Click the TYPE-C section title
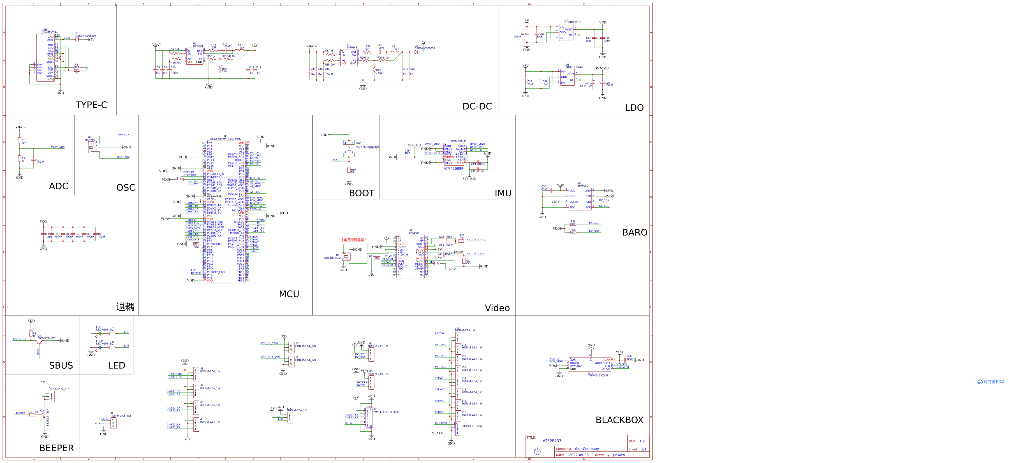tap(91, 105)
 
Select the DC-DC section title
tap(477, 106)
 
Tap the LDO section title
tap(634, 108)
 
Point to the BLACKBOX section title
tap(619, 420)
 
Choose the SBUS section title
tap(61, 365)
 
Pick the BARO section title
tap(635, 232)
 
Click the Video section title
tap(497, 308)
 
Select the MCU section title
tap(289, 294)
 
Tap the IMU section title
tap(503, 193)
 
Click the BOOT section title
tap(362, 193)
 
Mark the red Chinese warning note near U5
tap(353, 240)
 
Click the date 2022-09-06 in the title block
tap(578, 455)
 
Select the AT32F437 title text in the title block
tap(552, 441)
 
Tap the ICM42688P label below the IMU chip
tap(453, 169)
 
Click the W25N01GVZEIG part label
tap(598, 375)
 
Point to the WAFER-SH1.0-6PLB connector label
tap(386, 412)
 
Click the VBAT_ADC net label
tap(57, 147)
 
